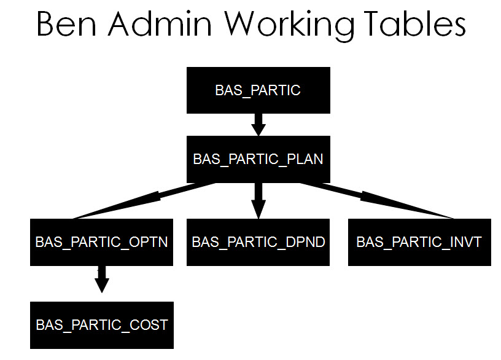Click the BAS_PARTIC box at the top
pyautogui.click(x=258, y=90)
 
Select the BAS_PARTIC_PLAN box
pyautogui.click(x=258, y=159)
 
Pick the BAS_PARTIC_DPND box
pyautogui.click(x=258, y=242)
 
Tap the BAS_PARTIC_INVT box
pyautogui.click(x=419, y=242)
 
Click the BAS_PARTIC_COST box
pyautogui.click(x=102, y=324)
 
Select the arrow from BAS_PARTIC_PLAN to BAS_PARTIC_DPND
pyautogui.click(x=258, y=200)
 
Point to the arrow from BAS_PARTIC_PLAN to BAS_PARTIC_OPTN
pyautogui.click(x=147, y=200)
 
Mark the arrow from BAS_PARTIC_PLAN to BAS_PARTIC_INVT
pyautogui.click(x=375, y=199)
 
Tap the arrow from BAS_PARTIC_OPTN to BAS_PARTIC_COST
pyautogui.click(x=102, y=280)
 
